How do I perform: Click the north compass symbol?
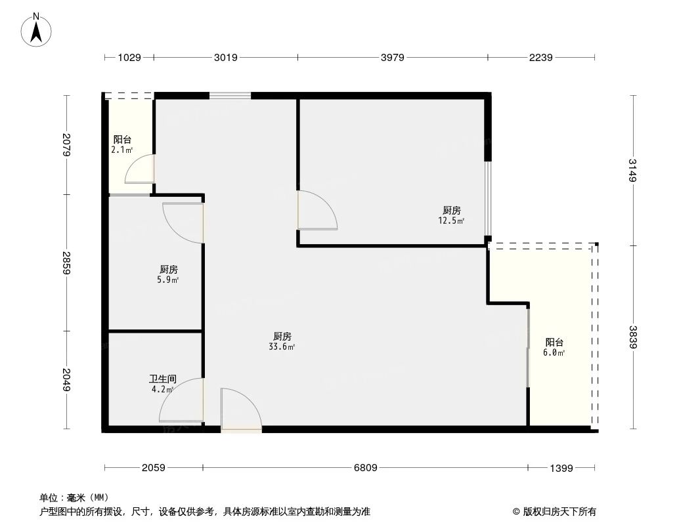coord(37,29)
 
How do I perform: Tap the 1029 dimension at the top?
coord(129,58)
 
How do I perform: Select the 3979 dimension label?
coord(392,58)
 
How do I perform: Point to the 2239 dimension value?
coord(541,58)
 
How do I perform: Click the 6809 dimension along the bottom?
coord(365,468)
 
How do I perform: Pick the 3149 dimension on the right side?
coord(633,171)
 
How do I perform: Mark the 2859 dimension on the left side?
coord(66,262)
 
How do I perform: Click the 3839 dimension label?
coord(633,337)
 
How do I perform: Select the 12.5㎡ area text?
coord(452,221)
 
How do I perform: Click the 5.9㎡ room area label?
coord(168,280)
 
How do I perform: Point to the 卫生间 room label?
coord(162,379)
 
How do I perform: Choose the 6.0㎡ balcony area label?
coord(554,352)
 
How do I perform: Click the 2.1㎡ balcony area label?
coord(121,150)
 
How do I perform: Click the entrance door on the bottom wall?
coord(240,411)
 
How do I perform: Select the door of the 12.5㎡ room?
coord(317,210)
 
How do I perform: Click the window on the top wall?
coord(230,96)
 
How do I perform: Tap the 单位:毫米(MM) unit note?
coord(74,497)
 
